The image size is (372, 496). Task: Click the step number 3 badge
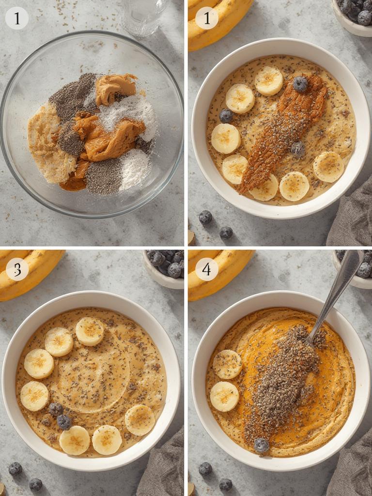(x=17, y=269)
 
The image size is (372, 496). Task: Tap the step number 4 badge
(x=206, y=269)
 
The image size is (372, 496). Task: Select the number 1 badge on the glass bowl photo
(x=17, y=18)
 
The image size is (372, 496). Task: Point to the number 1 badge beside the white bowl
(x=206, y=18)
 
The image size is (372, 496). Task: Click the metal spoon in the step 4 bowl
(x=334, y=295)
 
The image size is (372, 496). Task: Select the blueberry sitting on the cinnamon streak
(x=300, y=84)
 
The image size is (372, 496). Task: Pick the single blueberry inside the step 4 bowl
(x=262, y=445)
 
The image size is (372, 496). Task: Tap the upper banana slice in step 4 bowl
(x=227, y=364)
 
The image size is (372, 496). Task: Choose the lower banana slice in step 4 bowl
(x=224, y=396)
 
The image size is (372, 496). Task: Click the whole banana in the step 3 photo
(x=29, y=271)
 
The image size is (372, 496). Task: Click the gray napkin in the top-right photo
(x=351, y=218)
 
